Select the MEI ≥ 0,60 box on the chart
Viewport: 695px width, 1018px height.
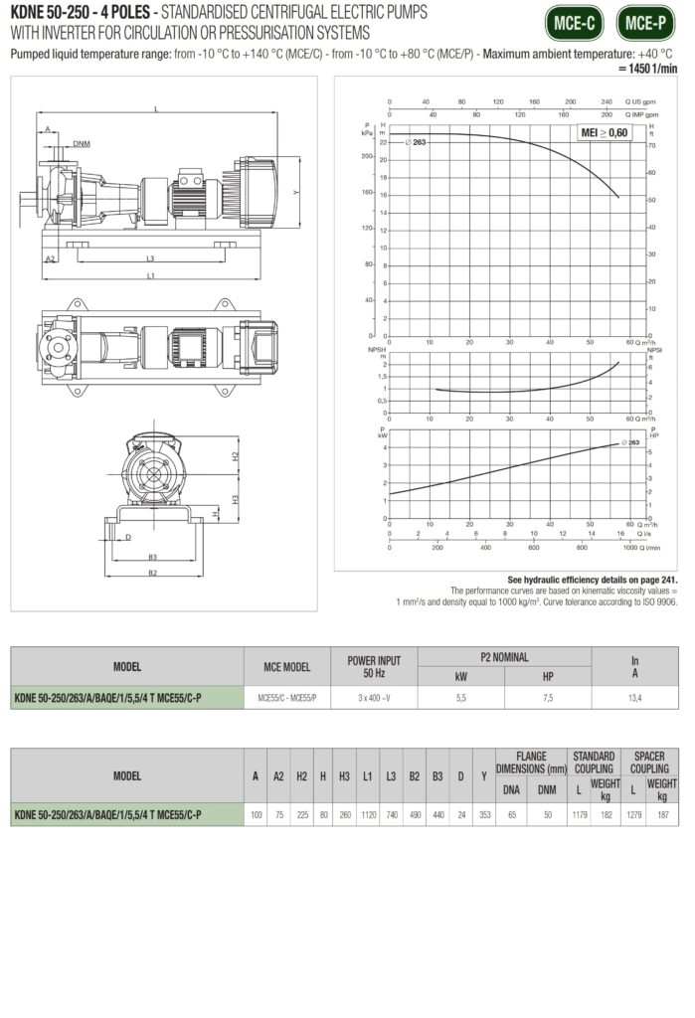pos(605,132)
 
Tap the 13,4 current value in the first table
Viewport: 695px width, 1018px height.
pos(634,698)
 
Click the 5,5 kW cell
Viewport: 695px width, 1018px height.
pos(460,698)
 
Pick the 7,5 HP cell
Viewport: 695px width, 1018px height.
pos(547,698)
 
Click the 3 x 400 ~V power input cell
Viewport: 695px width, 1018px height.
pos(374,698)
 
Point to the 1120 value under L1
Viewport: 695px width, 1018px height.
pos(367,815)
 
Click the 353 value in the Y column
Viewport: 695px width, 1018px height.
pos(484,815)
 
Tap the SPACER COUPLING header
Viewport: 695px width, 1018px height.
pos(649,762)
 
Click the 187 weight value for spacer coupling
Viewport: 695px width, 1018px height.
pos(662,815)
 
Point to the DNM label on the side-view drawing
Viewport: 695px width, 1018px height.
pos(82,144)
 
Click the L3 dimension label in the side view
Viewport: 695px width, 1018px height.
pos(148,256)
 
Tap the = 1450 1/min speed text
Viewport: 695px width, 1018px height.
pos(647,68)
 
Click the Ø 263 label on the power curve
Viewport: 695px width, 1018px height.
pos(628,441)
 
